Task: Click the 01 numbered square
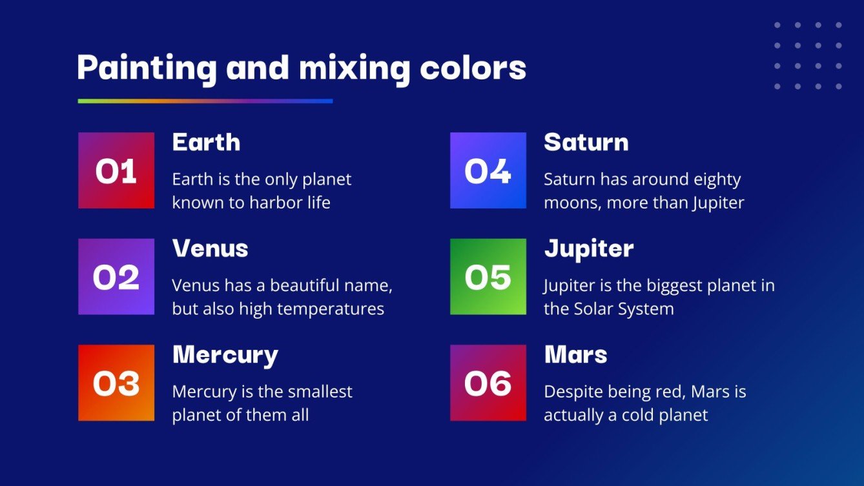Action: click(x=116, y=170)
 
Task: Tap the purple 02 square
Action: click(x=116, y=277)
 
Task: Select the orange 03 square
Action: click(x=116, y=383)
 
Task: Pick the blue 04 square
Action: click(x=488, y=170)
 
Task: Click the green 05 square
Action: click(x=488, y=277)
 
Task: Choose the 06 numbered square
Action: click(x=488, y=383)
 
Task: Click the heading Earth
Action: click(x=206, y=143)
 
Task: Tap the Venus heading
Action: click(x=210, y=248)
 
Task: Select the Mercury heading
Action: click(x=225, y=355)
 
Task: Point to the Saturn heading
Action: click(x=586, y=143)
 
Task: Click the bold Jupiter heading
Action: click(x=588, y=248)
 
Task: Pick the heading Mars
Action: click(x=575, y=355)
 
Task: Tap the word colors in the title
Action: click(x=473, y=68)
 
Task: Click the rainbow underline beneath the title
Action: click(x=205, y=101)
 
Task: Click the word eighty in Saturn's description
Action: click(x=717, y=179)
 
